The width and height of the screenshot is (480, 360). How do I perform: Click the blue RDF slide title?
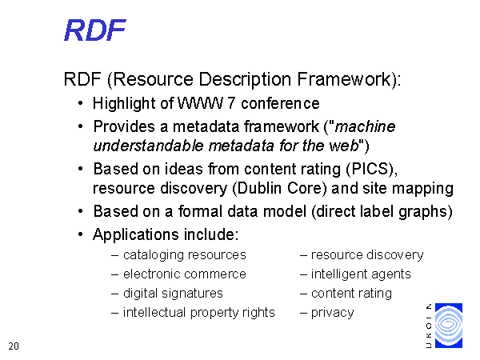(95, 30)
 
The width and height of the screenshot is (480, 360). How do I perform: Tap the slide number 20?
(14, 346)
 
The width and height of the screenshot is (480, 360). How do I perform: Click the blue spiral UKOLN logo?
(449, 326)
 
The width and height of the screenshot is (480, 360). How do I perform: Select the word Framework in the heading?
(344, 79)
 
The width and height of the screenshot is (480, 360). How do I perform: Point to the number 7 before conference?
(231, 103)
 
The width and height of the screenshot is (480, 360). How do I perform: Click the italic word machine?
(366, 126)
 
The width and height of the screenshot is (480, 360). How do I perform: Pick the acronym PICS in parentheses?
(370, 169)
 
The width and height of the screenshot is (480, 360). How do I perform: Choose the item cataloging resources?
(185, 255)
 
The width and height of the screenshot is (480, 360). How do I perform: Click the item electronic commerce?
(185, 274)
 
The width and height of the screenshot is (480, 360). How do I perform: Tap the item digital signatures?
(173, 294)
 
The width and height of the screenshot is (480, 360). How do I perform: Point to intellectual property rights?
(199, 313)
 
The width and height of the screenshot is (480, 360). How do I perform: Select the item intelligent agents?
(361, 274)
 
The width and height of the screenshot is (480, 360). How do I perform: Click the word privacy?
(333, 313)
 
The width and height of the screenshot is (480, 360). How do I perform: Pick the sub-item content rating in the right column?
(351, 294)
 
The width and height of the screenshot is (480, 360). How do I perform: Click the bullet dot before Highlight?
(80, 103)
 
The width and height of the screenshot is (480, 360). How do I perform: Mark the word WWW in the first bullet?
(200, 103)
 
